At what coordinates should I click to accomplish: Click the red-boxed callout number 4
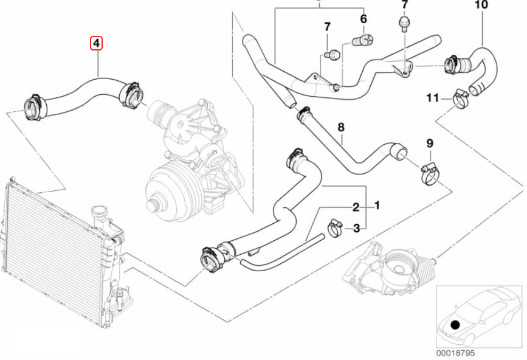[x=96, y=43]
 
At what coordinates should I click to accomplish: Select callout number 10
[x=481, y=5]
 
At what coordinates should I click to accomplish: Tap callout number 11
[x=432, y=97]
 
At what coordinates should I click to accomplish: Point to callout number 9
[x=429, y=144]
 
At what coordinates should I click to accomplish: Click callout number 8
[x=341, y=127]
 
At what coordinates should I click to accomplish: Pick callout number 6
[x=363, y=19]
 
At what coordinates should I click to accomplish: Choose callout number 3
[x=357, y=228]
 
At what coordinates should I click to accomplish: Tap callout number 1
[x=377, y=206]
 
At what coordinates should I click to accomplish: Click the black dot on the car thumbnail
[x=455, y=324]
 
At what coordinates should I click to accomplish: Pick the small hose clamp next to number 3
[x=335, y=229]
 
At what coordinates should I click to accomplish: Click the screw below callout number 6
[x=362, y=41]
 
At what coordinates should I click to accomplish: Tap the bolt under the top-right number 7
[x=404, y=22]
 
